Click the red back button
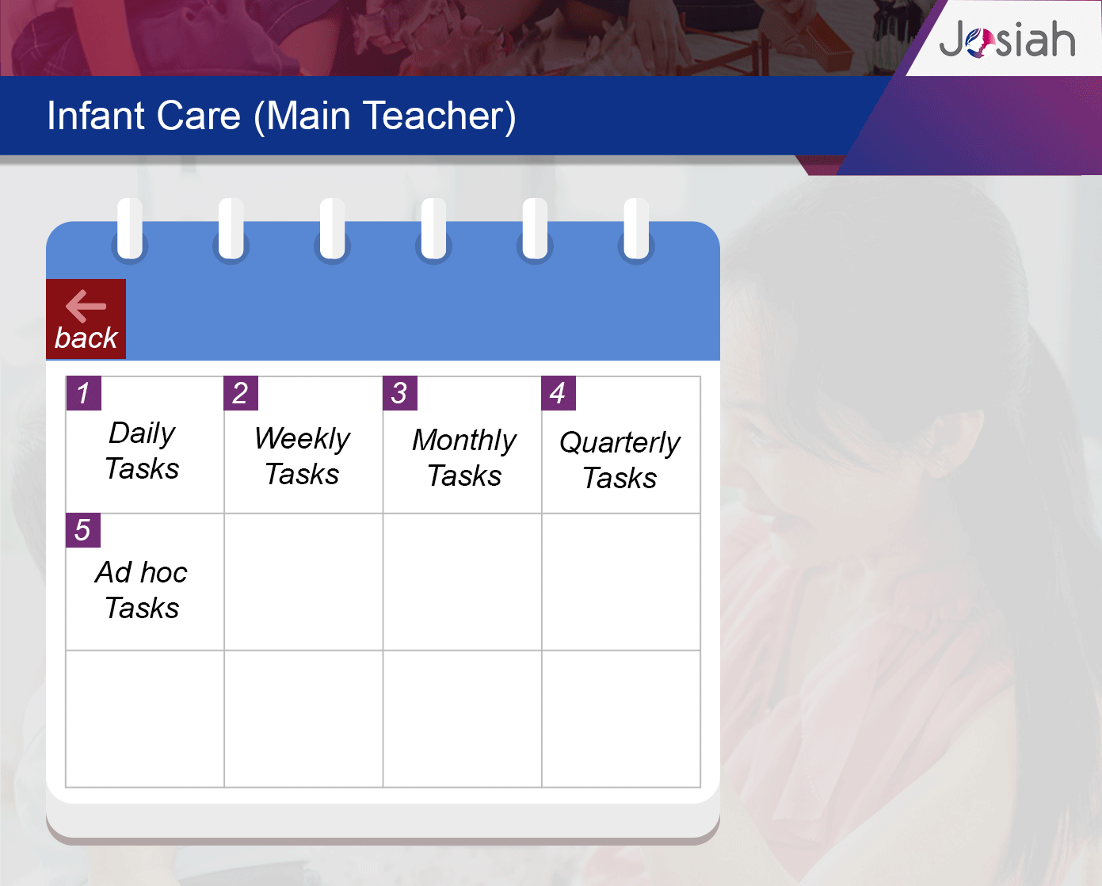coord(86,319)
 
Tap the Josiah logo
coord(1007,39)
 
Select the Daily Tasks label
coord(143,450)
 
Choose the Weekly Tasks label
coord(302,456)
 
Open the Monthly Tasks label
coord(464,457)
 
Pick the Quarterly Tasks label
coord(620,460)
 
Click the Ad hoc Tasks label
coord(141,590)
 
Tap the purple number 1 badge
coord(83,393)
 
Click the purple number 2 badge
coord(241,393)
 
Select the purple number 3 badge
coord(400,393)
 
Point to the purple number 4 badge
coord(559,393)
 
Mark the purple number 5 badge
coord(83,530)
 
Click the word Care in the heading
coord(199,116)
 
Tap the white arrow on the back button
coord(86,307)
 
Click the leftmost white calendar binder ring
coord(130,228)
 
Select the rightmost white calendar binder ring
coord(636,228)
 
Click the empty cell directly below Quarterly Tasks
coord(620,582)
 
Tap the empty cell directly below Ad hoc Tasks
coord(145,719)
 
